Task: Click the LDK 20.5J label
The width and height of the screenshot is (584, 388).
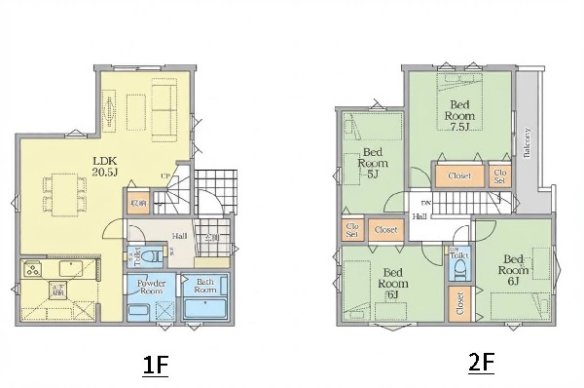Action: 104,166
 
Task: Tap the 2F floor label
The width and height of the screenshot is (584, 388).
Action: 482,364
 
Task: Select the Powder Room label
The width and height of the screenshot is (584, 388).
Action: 150,286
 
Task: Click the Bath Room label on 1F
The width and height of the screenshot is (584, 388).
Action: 204,287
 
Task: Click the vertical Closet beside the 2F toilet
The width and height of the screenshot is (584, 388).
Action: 458,305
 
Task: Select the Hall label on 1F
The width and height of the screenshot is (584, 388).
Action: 180,236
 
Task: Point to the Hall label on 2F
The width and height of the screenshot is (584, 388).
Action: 419,216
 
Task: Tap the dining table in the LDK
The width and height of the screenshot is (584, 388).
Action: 60,191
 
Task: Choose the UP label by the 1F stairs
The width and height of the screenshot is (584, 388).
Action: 167,176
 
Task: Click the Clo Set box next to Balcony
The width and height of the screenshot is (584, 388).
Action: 499,176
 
